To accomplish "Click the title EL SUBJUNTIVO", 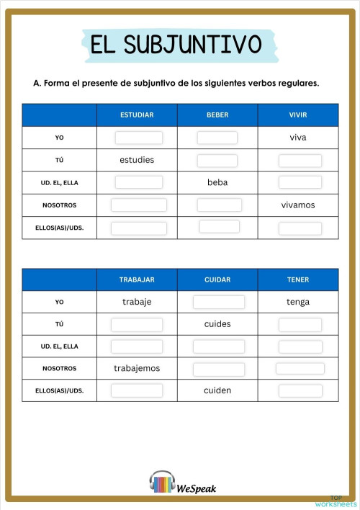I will coord(176,45).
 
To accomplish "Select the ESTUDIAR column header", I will coord(137,115).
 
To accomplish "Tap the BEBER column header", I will coord(217,115).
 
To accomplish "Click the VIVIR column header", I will coord(298,115).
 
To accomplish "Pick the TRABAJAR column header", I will coord(137,279).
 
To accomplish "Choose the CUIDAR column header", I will coord(217,279).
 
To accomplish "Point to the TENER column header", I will coord(298,279).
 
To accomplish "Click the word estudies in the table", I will coord(137,160).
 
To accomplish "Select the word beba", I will coord(217,182).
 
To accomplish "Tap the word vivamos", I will coord(298,205).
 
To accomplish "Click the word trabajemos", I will coord(137,368).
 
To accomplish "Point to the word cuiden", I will coord(217,390).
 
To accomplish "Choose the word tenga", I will coord(298,302).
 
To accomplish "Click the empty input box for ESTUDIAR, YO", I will coord(139,138).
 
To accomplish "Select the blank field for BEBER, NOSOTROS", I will coord(219,205).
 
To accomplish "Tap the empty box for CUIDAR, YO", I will coord(219,302).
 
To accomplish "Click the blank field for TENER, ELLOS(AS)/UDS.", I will coord(300,390).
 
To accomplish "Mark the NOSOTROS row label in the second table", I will coord(59,368).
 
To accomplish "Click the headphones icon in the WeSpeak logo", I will coord(162,483).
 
